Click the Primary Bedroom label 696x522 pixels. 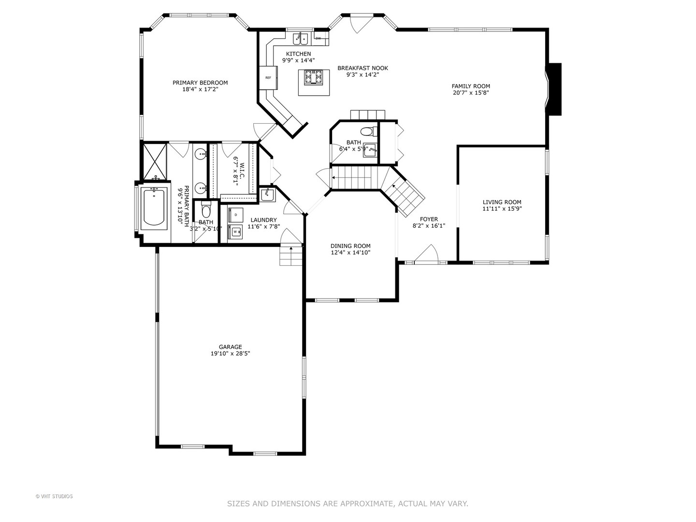click(x=200, y=83)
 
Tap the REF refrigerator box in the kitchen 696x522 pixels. click(x=268, y=78)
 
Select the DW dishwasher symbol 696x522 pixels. click(x=318, y=38)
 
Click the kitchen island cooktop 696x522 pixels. click(x=313, y=77)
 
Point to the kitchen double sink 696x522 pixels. click(x=301, y=38)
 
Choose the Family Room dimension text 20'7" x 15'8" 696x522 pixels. click(x=471, y=93)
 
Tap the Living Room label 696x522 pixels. click(x=502, y=202)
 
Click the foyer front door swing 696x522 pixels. click(x=428, y=254)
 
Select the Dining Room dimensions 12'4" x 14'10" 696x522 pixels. click(x=350, y=252)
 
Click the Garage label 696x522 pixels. click(x=230, y=347)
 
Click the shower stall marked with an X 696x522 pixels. click(x=154, y=161)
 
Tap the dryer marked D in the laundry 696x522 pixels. click(x=236, y=214)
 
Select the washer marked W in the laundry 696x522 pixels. click(x=236, y=232)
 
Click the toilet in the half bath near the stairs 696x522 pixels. click(x=367, y=131)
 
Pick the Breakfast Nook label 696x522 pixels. click(x=362, y=68)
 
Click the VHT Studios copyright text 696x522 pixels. click(x=54, y=496)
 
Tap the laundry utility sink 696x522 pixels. click(x=267, y=195)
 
